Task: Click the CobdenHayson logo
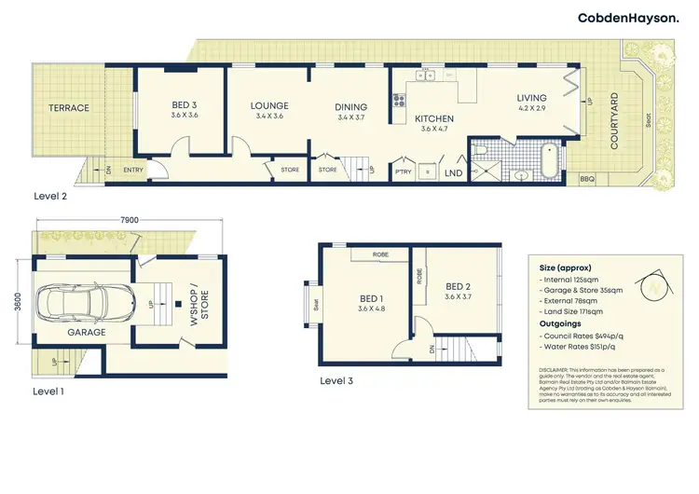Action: [x=627, y=18]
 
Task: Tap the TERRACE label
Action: [x=69, y=108]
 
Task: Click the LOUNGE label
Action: [x=269, y=106]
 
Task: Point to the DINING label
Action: [x=351, y=107]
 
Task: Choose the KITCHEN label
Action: [x=434, y=119]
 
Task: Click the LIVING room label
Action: [x=532, y=98]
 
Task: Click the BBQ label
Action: [x=587, y=178]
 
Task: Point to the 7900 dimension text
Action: [x=130, y=220]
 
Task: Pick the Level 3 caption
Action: [x=336, y=381]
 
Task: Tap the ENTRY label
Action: [x=132, y=170]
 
